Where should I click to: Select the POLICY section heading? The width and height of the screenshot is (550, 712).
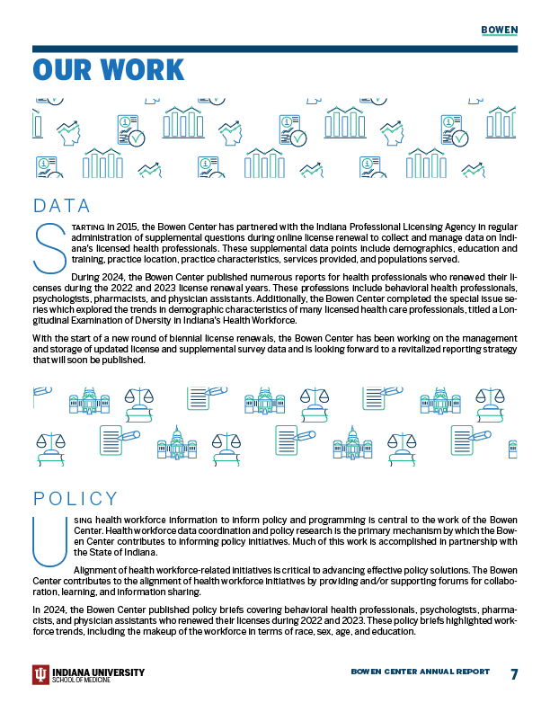coord(75,499)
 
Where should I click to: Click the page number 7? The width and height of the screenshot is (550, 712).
coord(514,674)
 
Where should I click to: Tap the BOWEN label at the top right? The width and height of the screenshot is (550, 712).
coord(499,29)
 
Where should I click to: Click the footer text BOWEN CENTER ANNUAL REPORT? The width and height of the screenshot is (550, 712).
coord(420,672)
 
